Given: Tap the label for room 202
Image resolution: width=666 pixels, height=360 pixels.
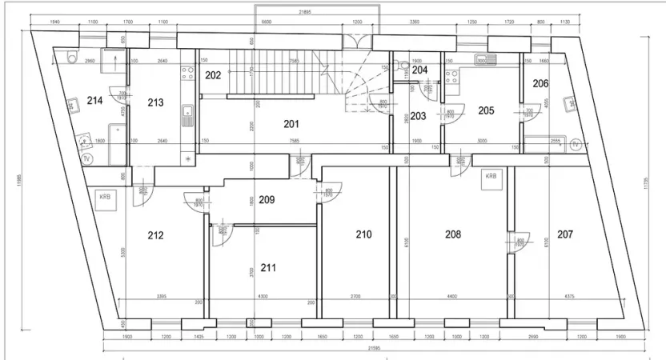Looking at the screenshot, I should pyautogui.click(x=213, y=76).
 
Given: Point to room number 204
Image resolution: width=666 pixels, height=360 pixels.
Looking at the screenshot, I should pyautogui.click(x=420, y=70).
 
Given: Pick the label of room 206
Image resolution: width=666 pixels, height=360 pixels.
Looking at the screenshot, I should pyautogui.click(x=541, y=83).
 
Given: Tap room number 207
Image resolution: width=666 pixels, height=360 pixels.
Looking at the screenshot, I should pyautogui.click(x=565, y=234).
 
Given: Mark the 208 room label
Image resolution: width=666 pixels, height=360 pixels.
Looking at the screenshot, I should pyautogui.click(x=454, y=234).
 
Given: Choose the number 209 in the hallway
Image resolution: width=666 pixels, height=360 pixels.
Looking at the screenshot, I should pyautogui.click(x=267, y=200).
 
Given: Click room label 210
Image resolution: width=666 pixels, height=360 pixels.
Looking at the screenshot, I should pyautogui.click(x=364, y=234).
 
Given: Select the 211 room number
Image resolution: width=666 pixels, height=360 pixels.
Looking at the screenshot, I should pyautogui.click(x=268, y=267).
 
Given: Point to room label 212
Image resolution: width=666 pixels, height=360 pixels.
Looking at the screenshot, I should pyautogui.click(x=155, y=235).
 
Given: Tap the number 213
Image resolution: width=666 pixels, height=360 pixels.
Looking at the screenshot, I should pyautogui.click(x=155, y=102).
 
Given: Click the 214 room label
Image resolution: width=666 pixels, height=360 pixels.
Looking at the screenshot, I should pyautogui.click(x=95, y=100).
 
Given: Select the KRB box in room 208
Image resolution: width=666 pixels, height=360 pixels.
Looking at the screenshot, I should pyautogui.click(x=490, y=178).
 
